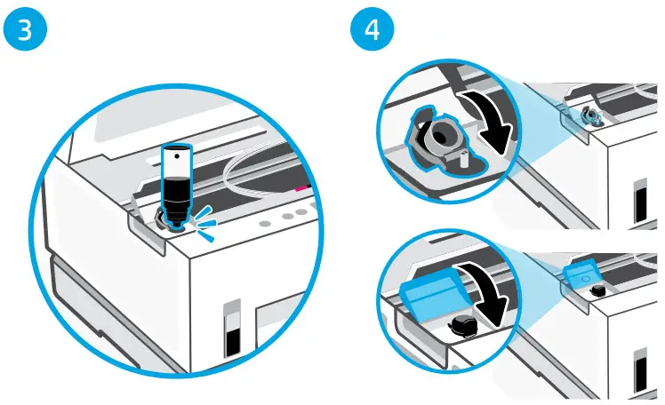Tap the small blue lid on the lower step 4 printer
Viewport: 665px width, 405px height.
pos(582,275)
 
